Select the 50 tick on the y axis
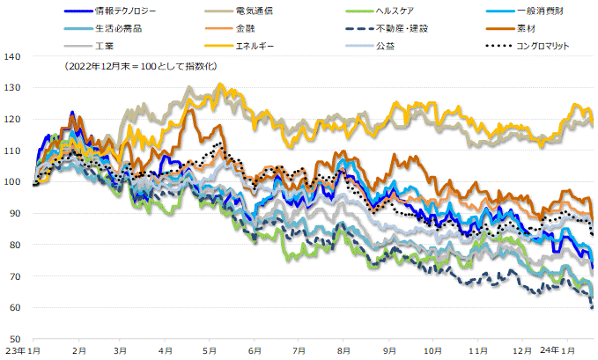coord(15,339)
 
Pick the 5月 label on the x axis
coord(210,349)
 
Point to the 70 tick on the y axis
coord(15,276)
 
